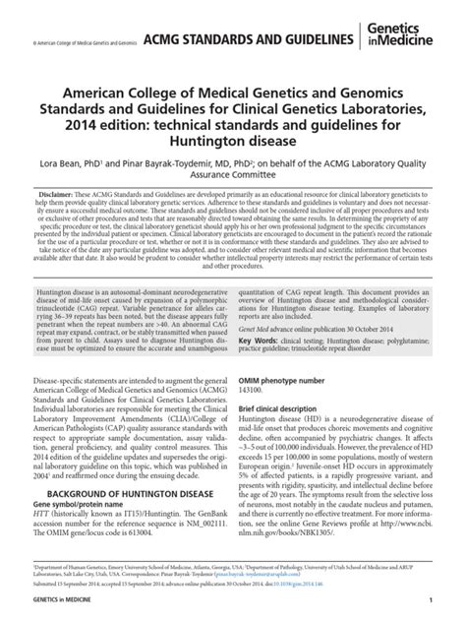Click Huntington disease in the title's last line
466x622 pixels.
(233, 150)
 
